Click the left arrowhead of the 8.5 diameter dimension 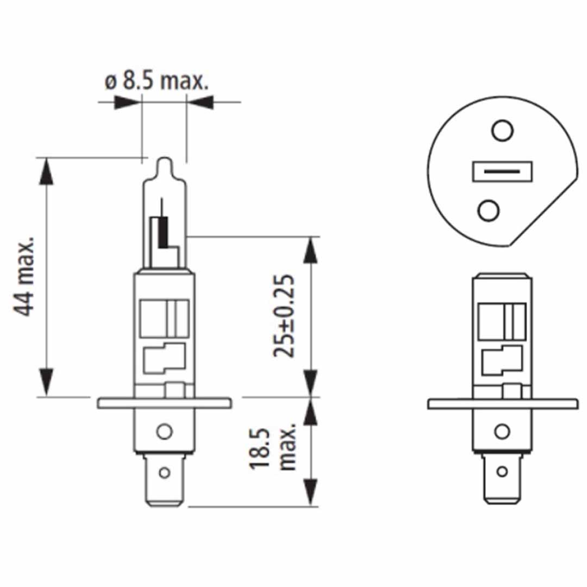pos(126,102)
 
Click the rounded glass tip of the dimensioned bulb pos(164,164)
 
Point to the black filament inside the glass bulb pos(162,232)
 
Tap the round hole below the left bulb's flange pos(164,432)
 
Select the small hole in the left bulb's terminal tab pos(163,472)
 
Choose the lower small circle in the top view pos(489,209)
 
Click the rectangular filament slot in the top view pos(501,171)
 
